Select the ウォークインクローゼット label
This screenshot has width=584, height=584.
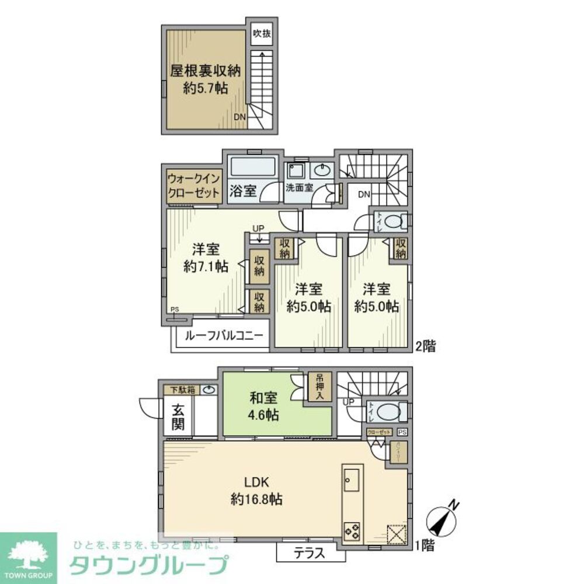tap(193, 186)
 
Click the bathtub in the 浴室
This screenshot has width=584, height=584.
tap(252, 166)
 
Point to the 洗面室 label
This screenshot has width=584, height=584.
tap(300, 188)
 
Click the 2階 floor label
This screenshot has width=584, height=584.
tap(425, 346)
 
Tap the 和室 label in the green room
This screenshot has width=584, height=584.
tap(264, 398)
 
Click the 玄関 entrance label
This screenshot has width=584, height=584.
tap(178, 416)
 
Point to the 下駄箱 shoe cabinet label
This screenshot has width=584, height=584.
tap(183, 390)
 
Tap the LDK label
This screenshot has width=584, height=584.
tap(256, 482)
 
